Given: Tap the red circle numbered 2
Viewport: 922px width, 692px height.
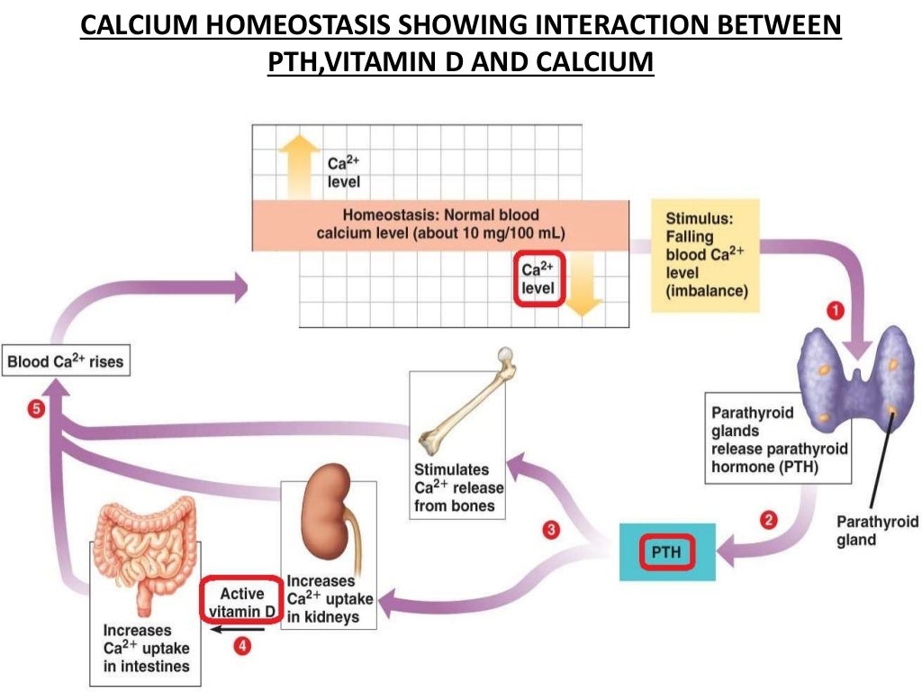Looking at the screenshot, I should tap(768, 520).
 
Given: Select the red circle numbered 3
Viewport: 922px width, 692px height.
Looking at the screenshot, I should tap(550, 531).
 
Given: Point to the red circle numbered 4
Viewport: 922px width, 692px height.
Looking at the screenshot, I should tap(240, 645).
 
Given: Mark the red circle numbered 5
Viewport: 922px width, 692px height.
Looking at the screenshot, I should tap(35, 409).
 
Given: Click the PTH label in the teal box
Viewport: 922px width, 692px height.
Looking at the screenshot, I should tap(666, 551).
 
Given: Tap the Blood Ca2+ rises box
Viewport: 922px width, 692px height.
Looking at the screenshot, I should tap(66, 363).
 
